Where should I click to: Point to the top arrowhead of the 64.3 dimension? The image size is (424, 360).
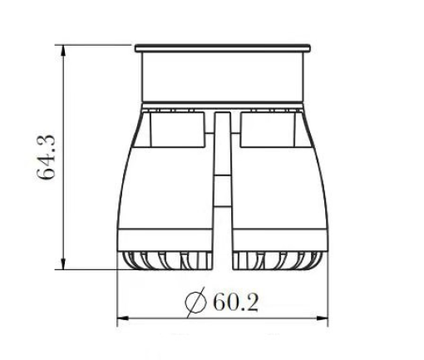pos(64,47)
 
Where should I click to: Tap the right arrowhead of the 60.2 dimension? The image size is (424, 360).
pos(328,318)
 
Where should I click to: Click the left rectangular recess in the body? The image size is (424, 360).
pos(176,126)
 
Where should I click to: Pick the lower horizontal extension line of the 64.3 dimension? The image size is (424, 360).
pos(91,269)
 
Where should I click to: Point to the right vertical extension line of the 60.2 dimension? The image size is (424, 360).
pos(331,295)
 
